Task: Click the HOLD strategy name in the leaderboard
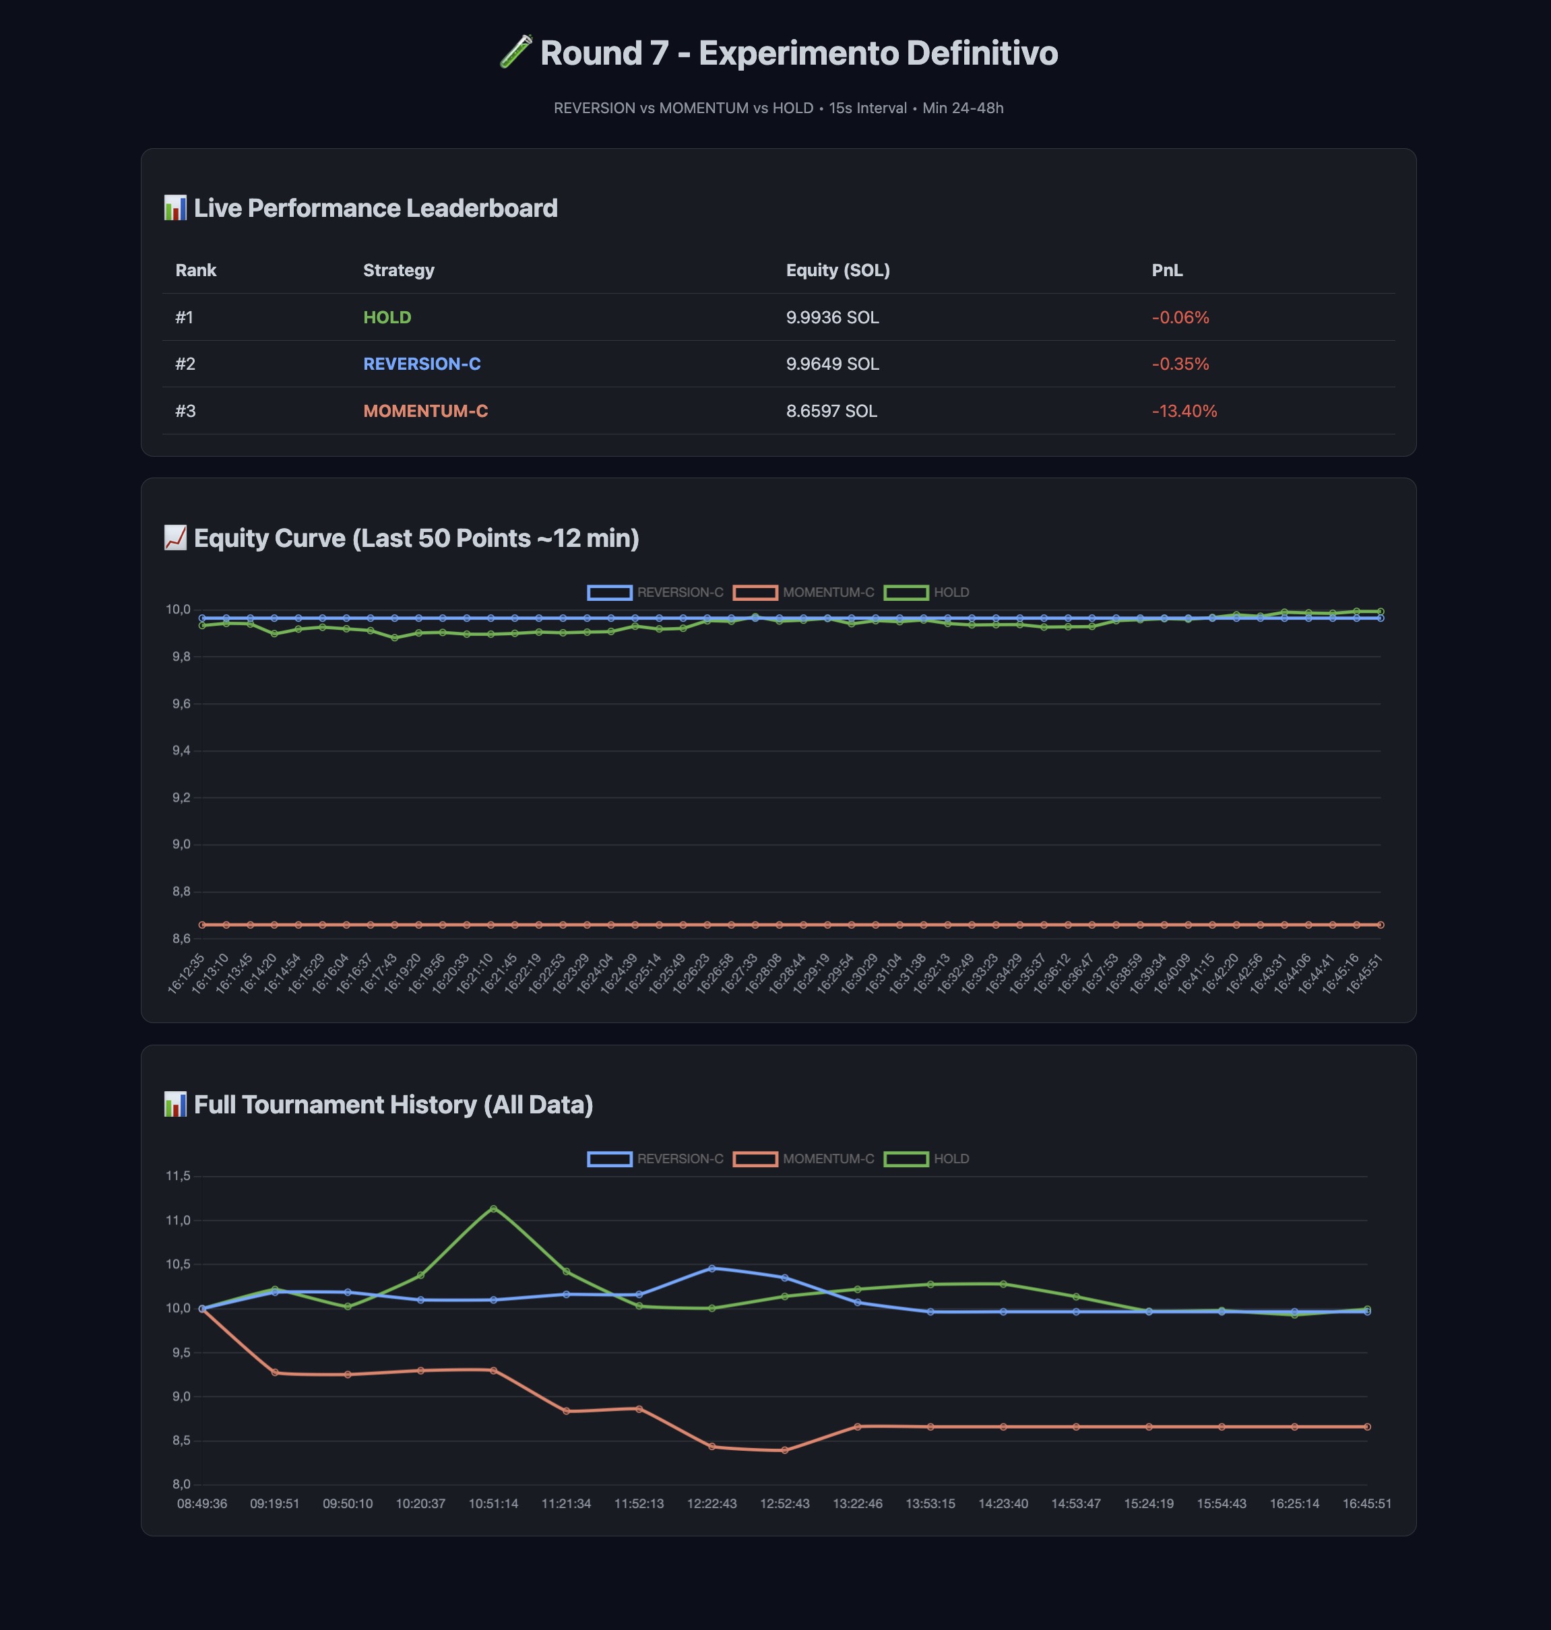387,317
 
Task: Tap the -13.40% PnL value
1184,411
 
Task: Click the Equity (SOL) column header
837,270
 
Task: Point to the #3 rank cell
185,411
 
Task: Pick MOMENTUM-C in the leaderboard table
425,411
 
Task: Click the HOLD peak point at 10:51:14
494,1208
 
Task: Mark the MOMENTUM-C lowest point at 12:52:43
784,1449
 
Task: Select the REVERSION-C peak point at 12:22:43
712,1268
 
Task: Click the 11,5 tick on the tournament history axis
178,1175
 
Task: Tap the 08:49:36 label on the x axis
201,1503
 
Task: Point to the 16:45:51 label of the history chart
1366,1503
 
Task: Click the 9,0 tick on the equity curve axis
181,845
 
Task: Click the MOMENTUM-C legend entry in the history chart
804,1159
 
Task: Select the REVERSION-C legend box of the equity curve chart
610,593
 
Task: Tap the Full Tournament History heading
393,1105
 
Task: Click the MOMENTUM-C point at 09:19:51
274,1373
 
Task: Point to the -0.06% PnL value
1180,317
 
